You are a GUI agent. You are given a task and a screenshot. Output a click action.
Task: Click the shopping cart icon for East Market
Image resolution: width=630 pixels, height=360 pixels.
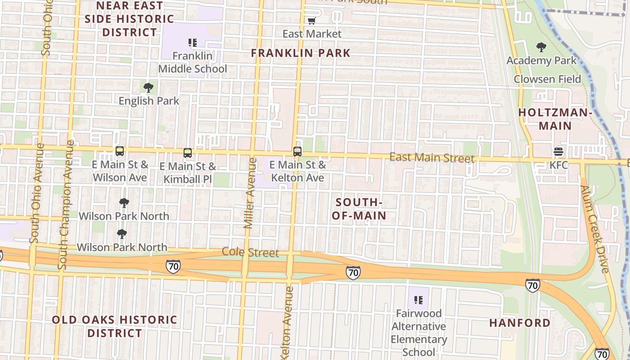tap(311, 20)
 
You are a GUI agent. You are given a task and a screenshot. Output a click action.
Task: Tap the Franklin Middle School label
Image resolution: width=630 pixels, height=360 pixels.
tap(193, 63)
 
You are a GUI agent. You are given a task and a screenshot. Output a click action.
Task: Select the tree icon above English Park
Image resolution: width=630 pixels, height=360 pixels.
tap(148, 88)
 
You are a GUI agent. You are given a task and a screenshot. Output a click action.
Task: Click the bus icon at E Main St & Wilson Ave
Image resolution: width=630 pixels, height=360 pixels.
tap(120, 151)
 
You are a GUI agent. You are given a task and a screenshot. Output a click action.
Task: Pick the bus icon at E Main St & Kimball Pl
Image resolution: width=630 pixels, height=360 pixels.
tap(188, 153)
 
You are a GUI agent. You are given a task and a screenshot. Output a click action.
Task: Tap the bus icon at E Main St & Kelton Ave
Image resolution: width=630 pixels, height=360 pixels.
tap(297, 152)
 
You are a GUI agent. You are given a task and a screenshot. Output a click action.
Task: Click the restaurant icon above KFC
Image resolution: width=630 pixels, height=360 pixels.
tap(558, 152)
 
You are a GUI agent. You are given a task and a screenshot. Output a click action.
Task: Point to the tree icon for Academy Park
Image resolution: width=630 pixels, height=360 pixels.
tap(541, 47)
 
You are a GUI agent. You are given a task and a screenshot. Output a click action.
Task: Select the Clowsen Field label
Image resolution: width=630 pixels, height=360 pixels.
tap(548, 79)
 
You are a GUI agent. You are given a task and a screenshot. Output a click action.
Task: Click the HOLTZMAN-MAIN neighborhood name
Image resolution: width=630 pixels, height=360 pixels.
tap(555, 119)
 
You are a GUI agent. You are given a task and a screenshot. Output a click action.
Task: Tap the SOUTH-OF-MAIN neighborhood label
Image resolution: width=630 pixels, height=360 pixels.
tap(359, 209)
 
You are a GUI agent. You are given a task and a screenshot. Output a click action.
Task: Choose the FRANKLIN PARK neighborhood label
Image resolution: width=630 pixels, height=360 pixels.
tap(301, 53)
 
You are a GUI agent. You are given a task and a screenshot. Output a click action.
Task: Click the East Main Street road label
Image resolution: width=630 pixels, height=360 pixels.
tap(432, 157)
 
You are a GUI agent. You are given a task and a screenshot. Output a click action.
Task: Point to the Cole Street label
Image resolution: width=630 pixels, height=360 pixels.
tap(251, 252)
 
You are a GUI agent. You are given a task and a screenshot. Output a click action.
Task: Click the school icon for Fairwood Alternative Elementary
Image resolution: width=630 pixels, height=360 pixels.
tap(418, 300)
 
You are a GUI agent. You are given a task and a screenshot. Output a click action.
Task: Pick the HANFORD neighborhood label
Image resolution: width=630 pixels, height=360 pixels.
tap(520, 323)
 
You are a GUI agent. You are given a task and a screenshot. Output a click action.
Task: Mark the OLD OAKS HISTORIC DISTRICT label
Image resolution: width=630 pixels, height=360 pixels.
tap(114, 326)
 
